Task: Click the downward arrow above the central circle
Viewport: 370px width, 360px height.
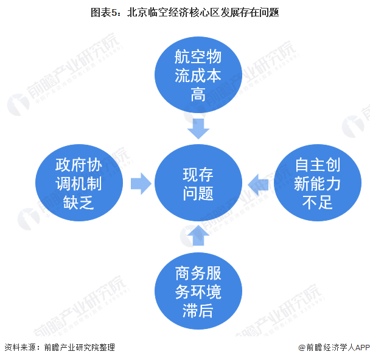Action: pos(198,128)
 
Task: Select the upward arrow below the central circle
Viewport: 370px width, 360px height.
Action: pos(198,235)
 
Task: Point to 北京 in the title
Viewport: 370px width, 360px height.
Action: pos(137,12)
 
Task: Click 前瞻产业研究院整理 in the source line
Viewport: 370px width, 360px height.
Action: pos(79,347)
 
